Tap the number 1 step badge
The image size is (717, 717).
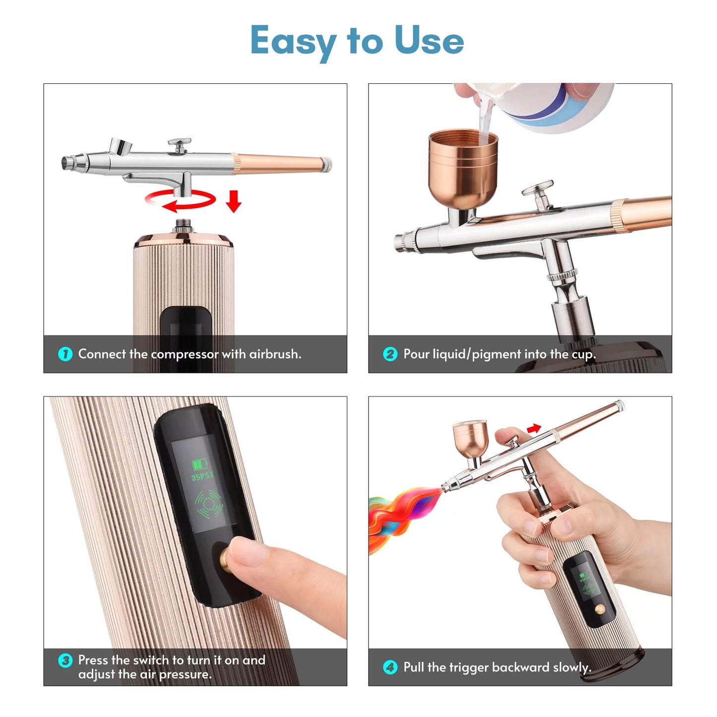tap(65, 354)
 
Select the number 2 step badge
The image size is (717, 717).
tap(391, 354)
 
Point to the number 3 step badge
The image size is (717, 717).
tap(65, 660)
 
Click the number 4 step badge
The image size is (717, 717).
tap(391, 667)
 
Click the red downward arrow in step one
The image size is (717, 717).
tap(234, 200)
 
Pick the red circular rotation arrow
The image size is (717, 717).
tap(180, 200)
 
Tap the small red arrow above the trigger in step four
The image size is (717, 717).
tap(534, 428)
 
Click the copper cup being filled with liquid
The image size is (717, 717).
tap(462, 169)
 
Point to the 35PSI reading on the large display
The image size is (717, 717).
tap(202, 476)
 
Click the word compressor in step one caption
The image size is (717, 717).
tap(185, 354)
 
